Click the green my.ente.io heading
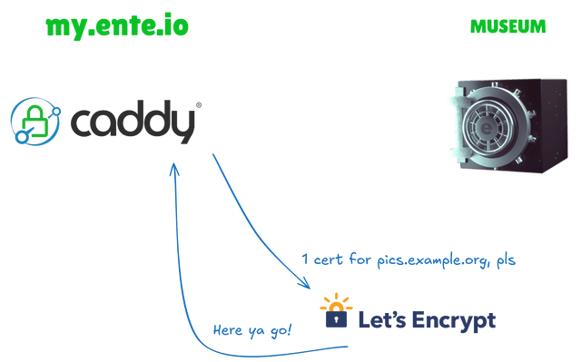coord(117,26)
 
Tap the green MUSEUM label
coord(507,27)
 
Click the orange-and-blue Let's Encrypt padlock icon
coord(336,314)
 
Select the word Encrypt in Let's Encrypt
coord(454,320)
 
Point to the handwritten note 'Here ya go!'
coord(251,329)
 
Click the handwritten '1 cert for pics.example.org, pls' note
coord(408,261)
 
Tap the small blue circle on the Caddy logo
coord(19,139)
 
